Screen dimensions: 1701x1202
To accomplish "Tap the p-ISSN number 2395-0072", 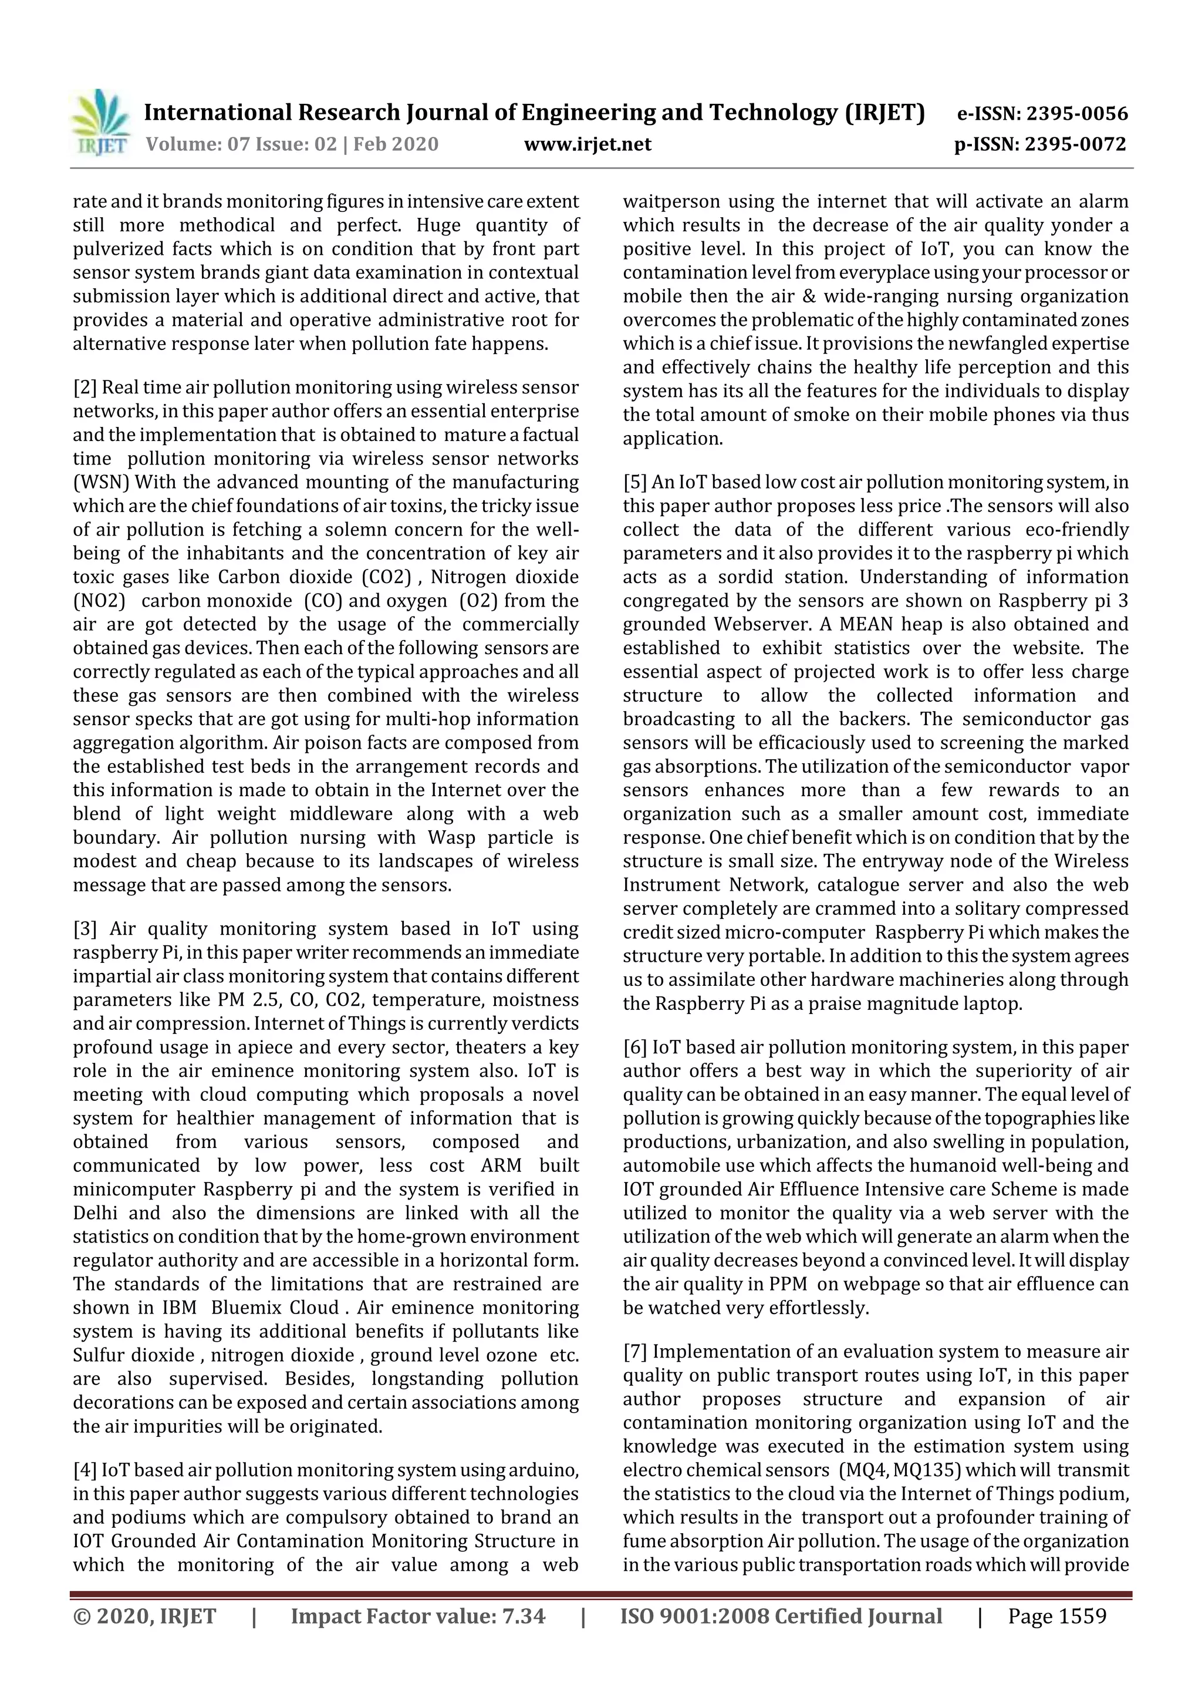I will pyautogui.click(x=1075, y=144).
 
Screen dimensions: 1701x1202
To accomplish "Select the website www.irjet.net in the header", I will pyautogui.click(x=588, y=144).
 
